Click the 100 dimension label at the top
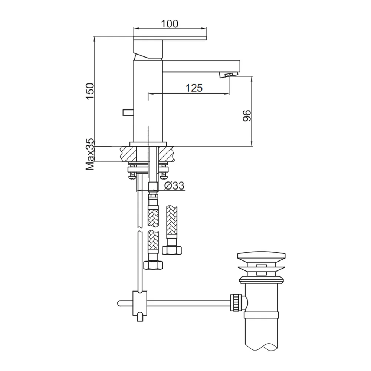click(170, 24)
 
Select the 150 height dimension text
click(90, 91)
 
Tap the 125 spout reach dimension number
click(194, 88)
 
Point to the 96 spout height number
click(247, 115)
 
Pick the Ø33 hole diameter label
click(174, 186)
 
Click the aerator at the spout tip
click(229, 75)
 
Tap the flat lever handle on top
click(170, 38)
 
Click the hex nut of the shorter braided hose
click(172, 250)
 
